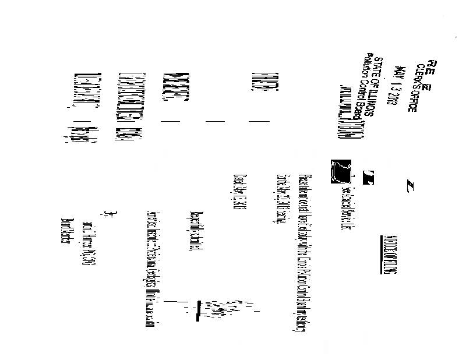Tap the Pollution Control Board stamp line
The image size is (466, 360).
tap(367, 93)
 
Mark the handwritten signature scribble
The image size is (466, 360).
tap(221, 309)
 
